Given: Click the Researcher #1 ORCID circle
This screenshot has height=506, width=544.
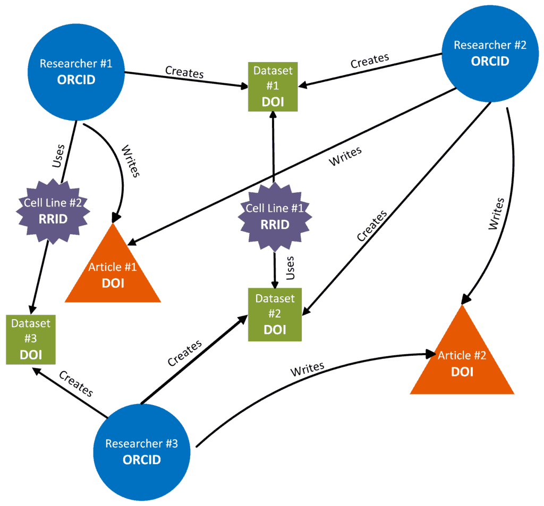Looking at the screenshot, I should [x=76, y=71].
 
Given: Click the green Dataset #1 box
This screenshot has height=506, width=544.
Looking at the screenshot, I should [x=273, y=87].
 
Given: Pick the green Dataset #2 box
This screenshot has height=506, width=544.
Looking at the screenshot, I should [x=275, y=314].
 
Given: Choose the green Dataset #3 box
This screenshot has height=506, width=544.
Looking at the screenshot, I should [x=31, y=339].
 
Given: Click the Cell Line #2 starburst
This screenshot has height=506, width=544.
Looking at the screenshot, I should [x=53, y=211].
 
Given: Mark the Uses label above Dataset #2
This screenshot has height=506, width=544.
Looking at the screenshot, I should [x=290, y=268].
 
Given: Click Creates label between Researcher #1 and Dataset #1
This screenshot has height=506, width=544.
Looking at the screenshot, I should [x=184, y=72].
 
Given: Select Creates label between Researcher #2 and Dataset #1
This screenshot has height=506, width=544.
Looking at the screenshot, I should [x=370, y=61].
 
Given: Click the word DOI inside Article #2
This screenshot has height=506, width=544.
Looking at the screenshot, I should [x=462, y=372].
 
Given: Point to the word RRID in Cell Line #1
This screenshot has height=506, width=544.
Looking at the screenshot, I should [x=275, y=225].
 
